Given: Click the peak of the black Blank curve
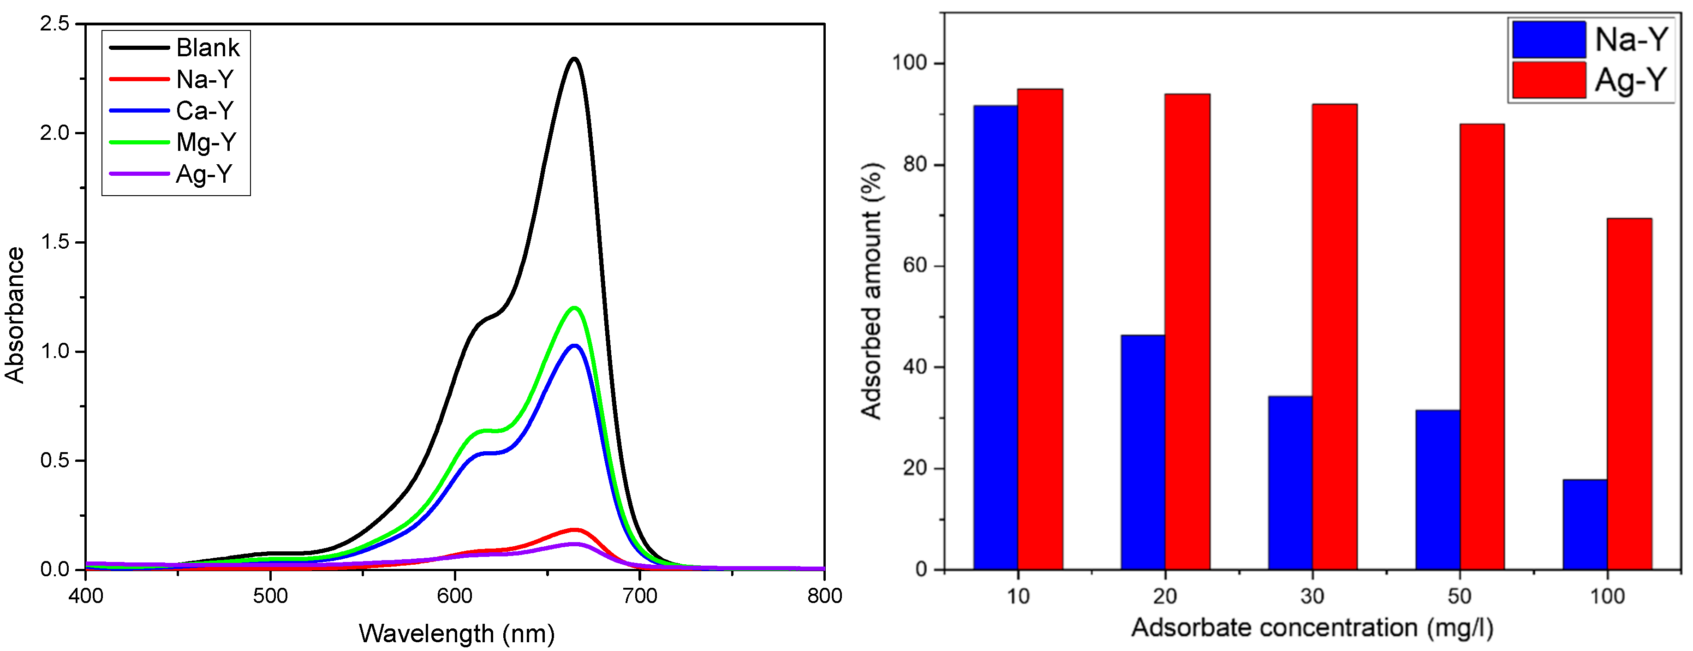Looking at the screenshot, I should [574, 59].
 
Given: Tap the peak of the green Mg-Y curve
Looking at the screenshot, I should [574, 308].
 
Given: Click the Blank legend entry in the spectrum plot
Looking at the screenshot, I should [208, 48].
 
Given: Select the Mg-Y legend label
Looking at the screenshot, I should [206, 142].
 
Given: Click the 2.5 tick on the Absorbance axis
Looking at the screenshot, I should [54, 24].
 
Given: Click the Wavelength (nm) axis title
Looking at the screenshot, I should [456, 633].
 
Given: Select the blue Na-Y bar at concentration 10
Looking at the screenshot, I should [996, 337].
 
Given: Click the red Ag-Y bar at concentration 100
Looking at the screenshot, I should [1629, 393].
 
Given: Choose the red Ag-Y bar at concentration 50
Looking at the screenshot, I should [1482, 346].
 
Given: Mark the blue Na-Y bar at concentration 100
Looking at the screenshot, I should [1585, 524].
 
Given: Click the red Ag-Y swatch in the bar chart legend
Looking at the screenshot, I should [1549, 79].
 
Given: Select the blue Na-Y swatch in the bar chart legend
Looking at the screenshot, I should [1549, 40].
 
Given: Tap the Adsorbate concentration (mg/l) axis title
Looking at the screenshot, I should [1312, 627].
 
